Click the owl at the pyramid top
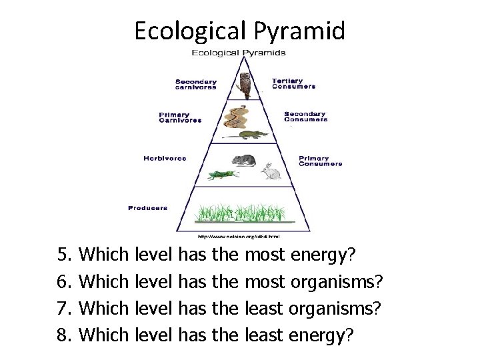[245, 85]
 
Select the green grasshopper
[222, 175]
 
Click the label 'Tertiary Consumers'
[293, 84]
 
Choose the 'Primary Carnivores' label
[180, 117]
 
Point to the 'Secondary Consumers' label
[305, 117]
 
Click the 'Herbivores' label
[165, 159]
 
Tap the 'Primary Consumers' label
[320, 161]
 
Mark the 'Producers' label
[148, 208]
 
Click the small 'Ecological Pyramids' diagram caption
[239, 53]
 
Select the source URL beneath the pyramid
[238, 236]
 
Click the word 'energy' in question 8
[317, 334]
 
